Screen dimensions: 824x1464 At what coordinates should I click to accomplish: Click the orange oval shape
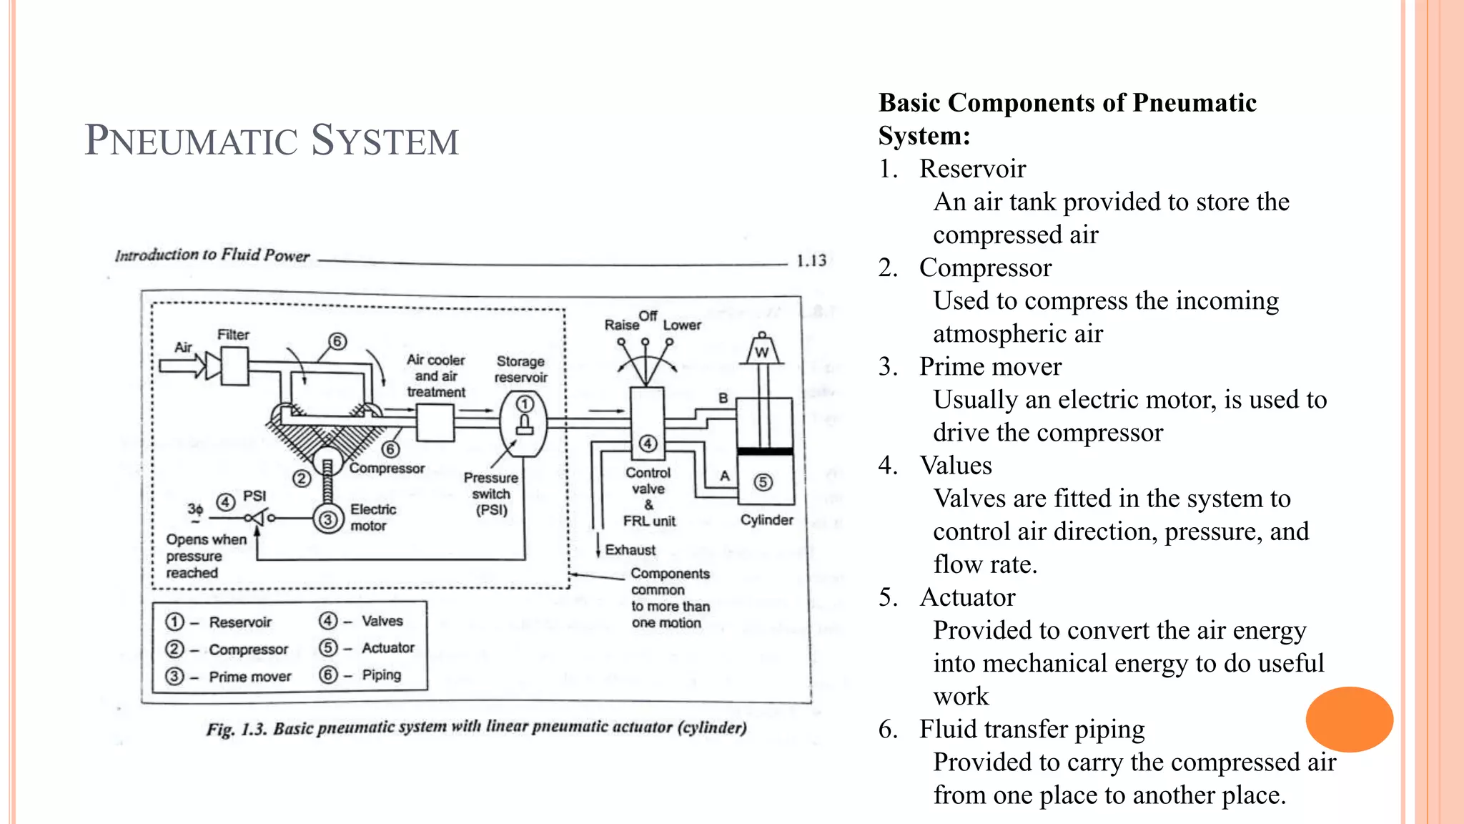point(1349,719)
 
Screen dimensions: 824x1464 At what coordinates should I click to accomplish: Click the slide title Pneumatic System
point(272,140)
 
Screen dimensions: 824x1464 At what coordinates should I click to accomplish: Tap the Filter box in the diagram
point(234,366)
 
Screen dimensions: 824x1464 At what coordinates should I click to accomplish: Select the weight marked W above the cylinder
point(762,350)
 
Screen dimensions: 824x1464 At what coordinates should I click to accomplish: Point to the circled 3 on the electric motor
point(327,519)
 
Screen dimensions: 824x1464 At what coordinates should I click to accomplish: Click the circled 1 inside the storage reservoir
point(525,404)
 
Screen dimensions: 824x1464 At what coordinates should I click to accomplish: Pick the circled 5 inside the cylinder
point(763,481)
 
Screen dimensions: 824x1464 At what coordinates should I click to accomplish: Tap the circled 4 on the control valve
point(648,443)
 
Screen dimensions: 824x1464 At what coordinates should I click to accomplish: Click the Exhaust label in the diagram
point(630,549)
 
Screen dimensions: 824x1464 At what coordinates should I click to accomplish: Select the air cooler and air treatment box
point(435,423)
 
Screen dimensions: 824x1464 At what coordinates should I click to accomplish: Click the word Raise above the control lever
point(621,325)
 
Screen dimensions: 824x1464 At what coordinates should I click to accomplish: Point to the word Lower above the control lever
point(682,325)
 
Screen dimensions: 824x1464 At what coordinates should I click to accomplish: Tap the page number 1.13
point(811,260)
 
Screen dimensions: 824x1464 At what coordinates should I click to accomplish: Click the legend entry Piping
point(381,675)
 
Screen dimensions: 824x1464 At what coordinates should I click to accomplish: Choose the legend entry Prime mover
point(249,677)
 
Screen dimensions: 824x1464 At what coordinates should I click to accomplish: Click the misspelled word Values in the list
point(956,466)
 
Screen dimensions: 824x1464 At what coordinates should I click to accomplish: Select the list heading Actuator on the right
point(967,597)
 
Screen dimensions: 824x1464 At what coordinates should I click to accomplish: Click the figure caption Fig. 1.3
point(476,728)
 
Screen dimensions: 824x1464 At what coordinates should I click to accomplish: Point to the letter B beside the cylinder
point(723,398)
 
